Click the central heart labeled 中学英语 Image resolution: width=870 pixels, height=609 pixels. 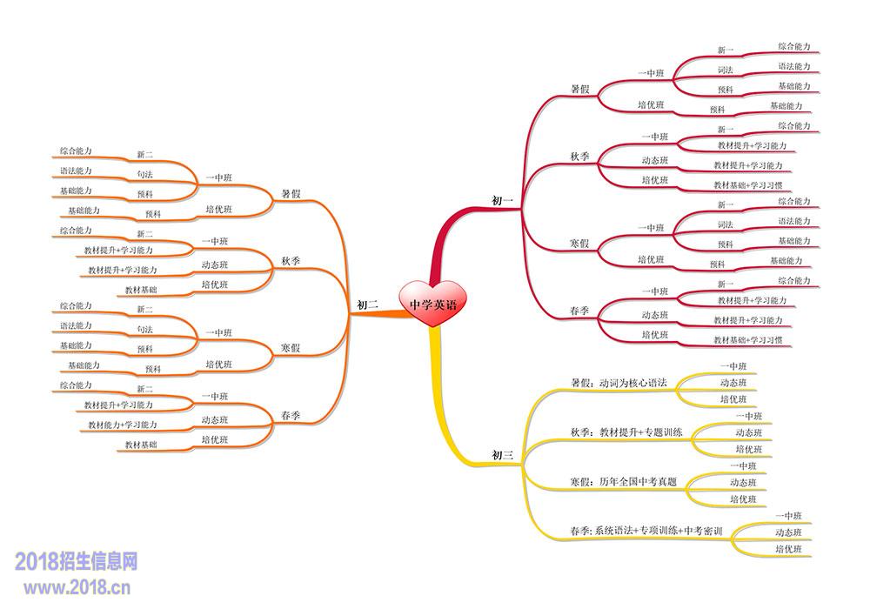[432, 305]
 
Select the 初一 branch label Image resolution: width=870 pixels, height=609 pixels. [503, 201]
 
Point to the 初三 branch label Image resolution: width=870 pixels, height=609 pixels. [503, 454]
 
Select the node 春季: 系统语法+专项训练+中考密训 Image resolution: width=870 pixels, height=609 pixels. [646, 530]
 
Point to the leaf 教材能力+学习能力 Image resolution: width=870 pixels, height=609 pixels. [123, 425]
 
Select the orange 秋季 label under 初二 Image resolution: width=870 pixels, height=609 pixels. [291, 261]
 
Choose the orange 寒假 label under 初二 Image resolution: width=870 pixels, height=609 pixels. [291, 348]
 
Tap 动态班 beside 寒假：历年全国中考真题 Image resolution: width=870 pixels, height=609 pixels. [743, 482]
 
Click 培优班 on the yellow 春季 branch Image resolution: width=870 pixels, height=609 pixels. [788, 549]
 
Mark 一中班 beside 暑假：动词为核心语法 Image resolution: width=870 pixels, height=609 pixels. [734, 366]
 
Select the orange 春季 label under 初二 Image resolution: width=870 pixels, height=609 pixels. [291, 417]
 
